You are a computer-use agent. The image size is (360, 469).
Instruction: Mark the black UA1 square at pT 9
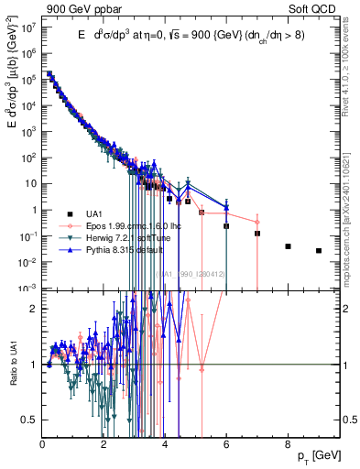319,250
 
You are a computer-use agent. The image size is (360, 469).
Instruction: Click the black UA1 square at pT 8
288,246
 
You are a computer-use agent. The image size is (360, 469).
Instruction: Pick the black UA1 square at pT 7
257,234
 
